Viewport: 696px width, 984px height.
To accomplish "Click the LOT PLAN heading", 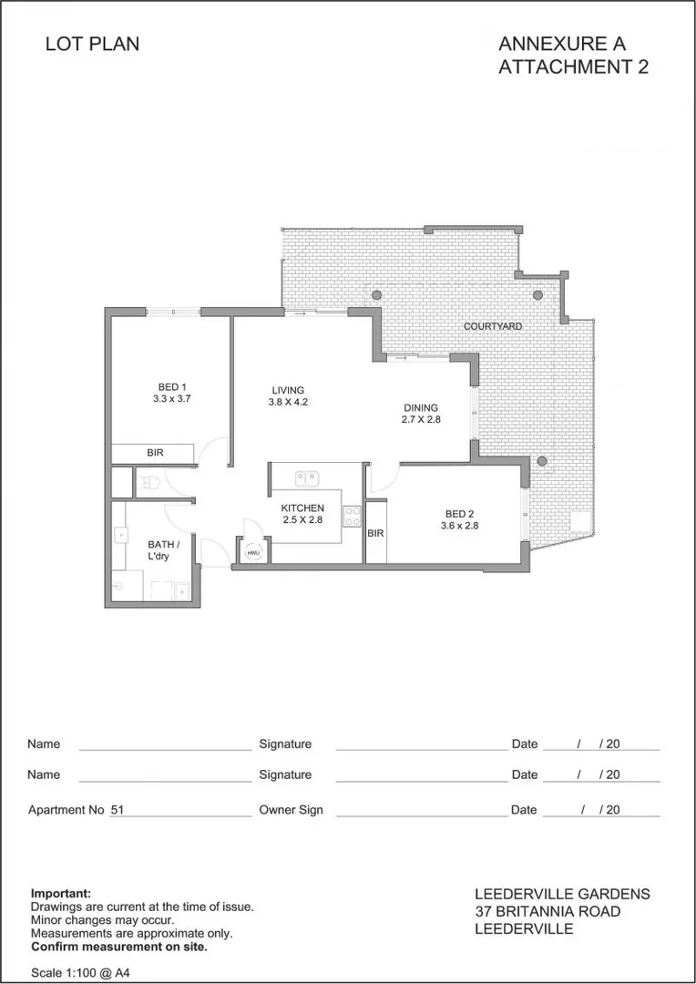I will coord(92,44).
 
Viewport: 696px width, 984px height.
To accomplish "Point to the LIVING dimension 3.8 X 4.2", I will coord(287,403).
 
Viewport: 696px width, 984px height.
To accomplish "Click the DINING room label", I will coord(421,408).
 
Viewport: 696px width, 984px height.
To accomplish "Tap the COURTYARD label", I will coord(492,326).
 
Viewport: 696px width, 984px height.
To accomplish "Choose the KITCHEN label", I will coord(302,507).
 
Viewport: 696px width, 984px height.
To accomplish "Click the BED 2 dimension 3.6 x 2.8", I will coord(459,526).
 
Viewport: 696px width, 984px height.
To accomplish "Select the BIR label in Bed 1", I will coord(156,453).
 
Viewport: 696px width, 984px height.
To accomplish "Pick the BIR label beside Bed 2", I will coord(375,534).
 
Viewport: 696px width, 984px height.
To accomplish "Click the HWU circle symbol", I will coord(252,552).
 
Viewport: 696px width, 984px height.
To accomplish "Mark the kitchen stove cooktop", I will coord(351,516).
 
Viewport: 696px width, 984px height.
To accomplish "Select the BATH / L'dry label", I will coord(151,550).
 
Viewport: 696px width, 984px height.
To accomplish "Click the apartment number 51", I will coord(118,809).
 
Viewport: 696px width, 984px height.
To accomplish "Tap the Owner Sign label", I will coord(291,809).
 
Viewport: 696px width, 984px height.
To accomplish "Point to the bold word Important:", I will coord(61,894).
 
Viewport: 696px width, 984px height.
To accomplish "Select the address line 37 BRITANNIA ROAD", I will coord(548,912).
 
